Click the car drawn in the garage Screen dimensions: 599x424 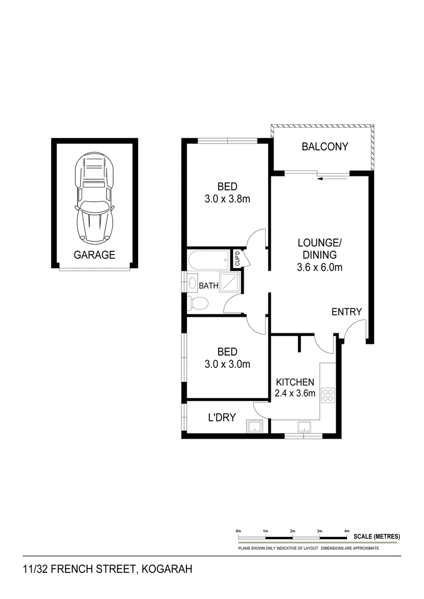click(94, 198)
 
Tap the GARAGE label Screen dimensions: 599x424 click(94, 255)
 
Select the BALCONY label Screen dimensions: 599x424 click(325, 147)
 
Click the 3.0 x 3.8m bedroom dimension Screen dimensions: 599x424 click(228, 197)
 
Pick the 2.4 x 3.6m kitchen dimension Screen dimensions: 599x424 click(296, 394)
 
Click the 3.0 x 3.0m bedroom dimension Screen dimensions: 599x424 click(228, 364)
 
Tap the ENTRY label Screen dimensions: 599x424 click(346, 312)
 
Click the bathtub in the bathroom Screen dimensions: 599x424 click(209, 260)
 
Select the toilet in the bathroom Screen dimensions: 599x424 click(198, 303)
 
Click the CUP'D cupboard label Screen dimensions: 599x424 click(238, 260)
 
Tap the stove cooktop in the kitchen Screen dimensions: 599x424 click(329, 395)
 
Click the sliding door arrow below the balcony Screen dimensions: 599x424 click(332, 178)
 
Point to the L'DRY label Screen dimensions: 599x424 click(222, 418)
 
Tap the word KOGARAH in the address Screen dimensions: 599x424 click(166, 570)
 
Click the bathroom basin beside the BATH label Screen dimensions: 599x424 click(192, 282)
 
